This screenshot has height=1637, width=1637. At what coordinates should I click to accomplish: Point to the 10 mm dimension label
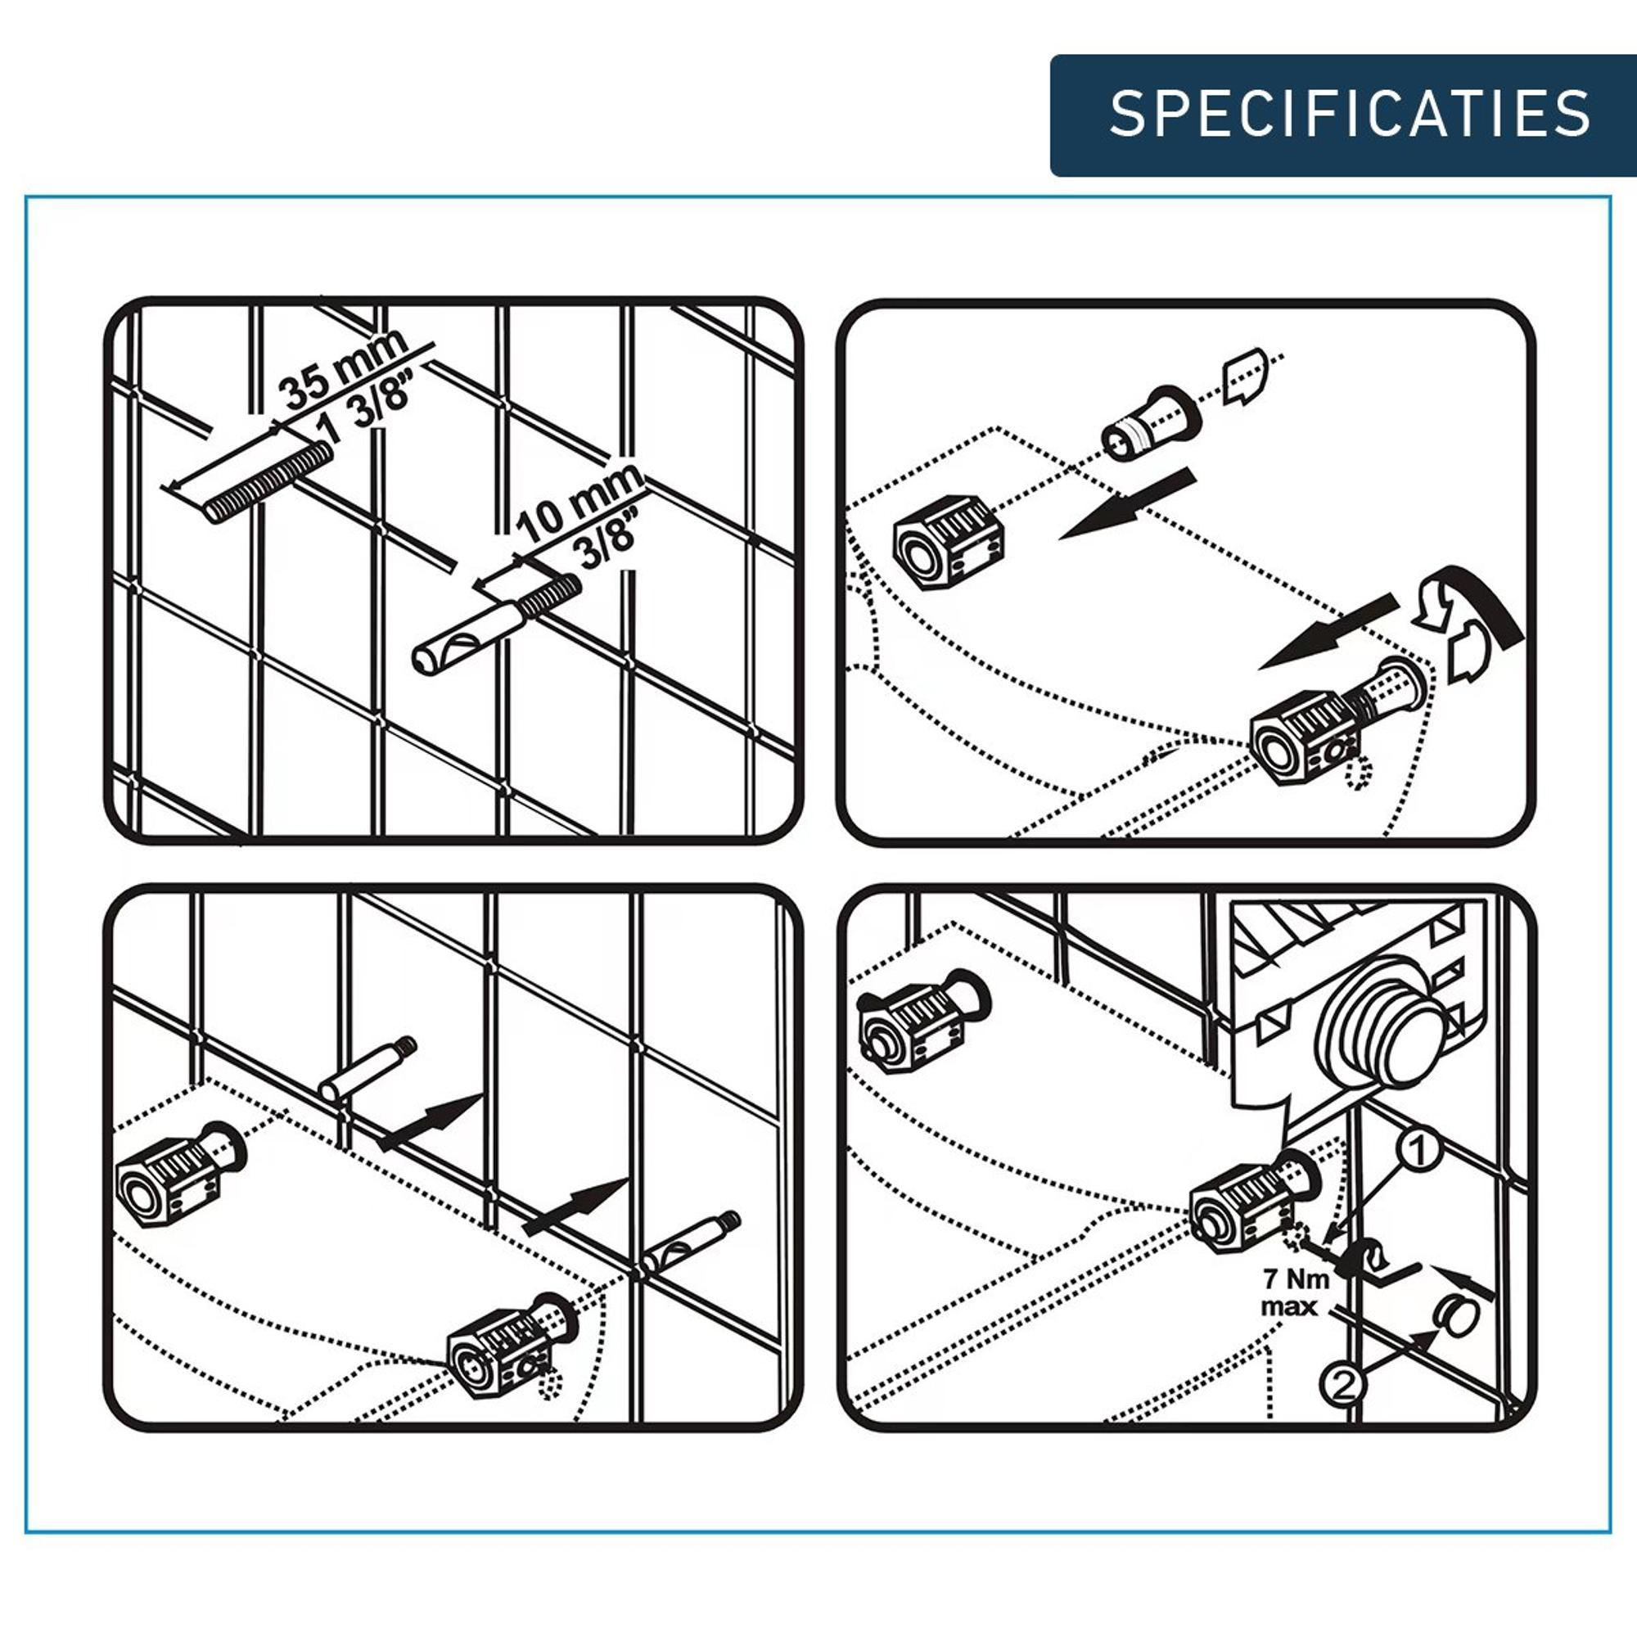tap(579, 503)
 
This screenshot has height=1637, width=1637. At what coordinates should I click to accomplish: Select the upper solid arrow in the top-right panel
tap(1127, 505)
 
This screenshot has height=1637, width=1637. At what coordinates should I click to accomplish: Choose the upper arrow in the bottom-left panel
tap(430, 1122)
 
